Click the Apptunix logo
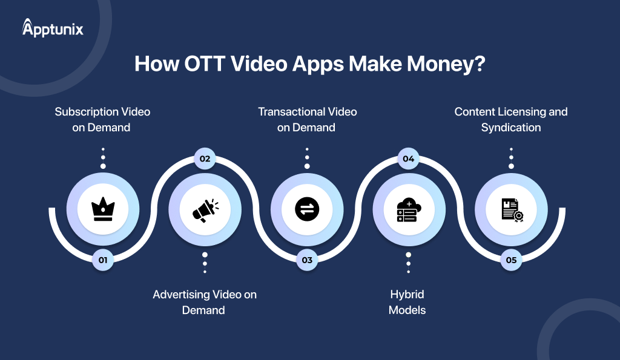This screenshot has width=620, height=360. coord(53,28)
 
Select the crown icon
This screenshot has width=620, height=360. coord(102,209)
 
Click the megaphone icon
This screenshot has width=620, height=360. coord(205,209)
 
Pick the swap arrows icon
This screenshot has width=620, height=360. coord(307,209)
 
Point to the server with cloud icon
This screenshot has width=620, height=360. coord(409,209)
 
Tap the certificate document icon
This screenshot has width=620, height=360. coord(511,209)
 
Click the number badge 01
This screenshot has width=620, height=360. coord(102,260)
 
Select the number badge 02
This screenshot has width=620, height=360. coord(205,159)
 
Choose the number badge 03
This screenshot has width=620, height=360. coord(307,260)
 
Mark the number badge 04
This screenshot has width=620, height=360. coord(409,159)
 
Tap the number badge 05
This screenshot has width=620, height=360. coord(511,260)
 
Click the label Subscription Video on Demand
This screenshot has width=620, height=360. coord(102,119)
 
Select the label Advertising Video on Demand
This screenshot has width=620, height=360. coord(205,302)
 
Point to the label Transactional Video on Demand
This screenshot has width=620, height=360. coord(307,119)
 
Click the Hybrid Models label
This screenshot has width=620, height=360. coord(407,302)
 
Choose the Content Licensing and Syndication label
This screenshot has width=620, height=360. coord(511,119)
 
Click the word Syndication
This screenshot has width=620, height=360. coord(511,128)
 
